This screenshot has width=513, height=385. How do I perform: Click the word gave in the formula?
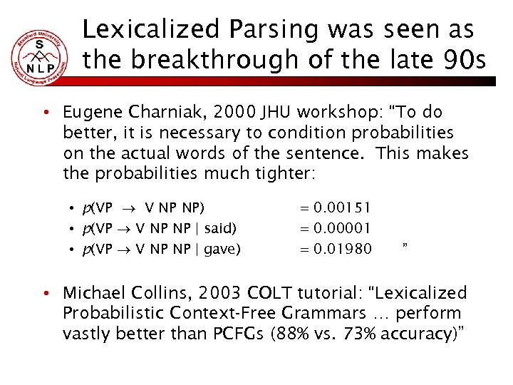tap(223, 248)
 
